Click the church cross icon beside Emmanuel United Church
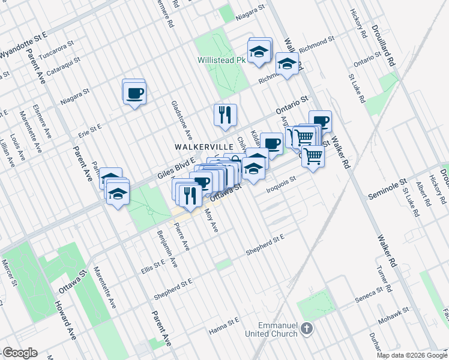(307, 328)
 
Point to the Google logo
(20, 353)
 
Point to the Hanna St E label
(224, 324)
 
